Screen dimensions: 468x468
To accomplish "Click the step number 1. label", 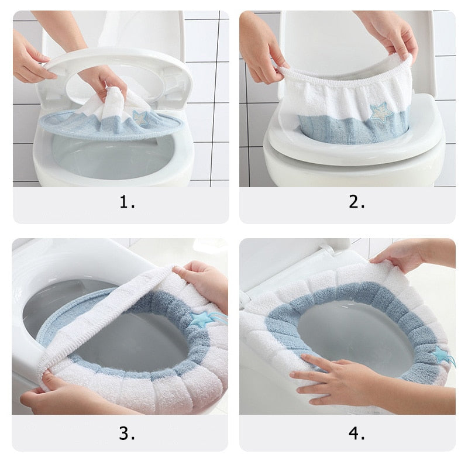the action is [x=127, y=202].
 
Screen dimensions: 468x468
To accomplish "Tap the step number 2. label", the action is [x=357, y=202].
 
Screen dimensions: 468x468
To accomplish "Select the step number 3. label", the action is [x=127, y=433].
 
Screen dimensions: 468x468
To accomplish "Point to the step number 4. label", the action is [x=357, y=433].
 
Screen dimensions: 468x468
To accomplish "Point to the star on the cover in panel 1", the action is [x=139, y=118].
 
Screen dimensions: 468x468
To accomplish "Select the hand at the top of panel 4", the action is [x=409, y=254].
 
